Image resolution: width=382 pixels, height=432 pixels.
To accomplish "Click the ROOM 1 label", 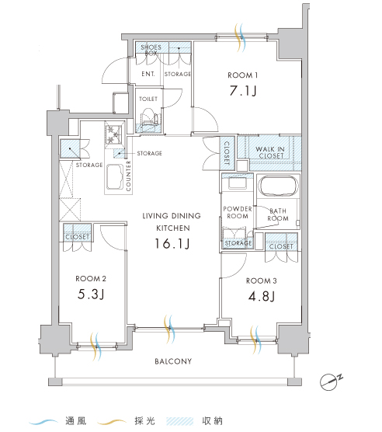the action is coord(243,75).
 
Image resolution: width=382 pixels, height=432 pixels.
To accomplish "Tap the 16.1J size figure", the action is coord(172,243).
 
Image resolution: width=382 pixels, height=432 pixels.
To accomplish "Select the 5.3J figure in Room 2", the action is coord(91,294).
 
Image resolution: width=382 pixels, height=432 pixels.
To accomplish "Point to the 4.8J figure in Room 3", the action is coord(262,296).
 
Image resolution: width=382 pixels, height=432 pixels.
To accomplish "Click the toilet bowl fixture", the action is coord(148,117).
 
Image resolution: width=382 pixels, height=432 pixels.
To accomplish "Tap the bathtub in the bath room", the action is coord(280,186).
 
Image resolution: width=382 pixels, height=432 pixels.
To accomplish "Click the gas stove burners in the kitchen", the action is coord(113,134).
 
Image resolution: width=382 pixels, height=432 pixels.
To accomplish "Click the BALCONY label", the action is coord(173,361).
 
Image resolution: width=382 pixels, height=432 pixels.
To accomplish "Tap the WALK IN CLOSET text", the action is coord(270,152).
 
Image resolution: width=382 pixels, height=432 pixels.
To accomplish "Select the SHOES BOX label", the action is coord(151,50).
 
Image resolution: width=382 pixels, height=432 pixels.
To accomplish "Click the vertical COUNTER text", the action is coord(129,176).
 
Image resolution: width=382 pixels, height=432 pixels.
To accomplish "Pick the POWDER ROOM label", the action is coord(238,212).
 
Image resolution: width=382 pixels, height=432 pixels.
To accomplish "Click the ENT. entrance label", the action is coord(148,74).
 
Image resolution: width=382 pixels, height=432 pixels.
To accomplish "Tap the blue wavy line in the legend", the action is coord(43,421).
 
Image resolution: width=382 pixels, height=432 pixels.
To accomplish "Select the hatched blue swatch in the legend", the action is coord(180,421).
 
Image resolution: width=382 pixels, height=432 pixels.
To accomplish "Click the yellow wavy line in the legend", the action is coord(112,421).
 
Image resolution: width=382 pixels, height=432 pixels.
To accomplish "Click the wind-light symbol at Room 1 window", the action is coord(239,38).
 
